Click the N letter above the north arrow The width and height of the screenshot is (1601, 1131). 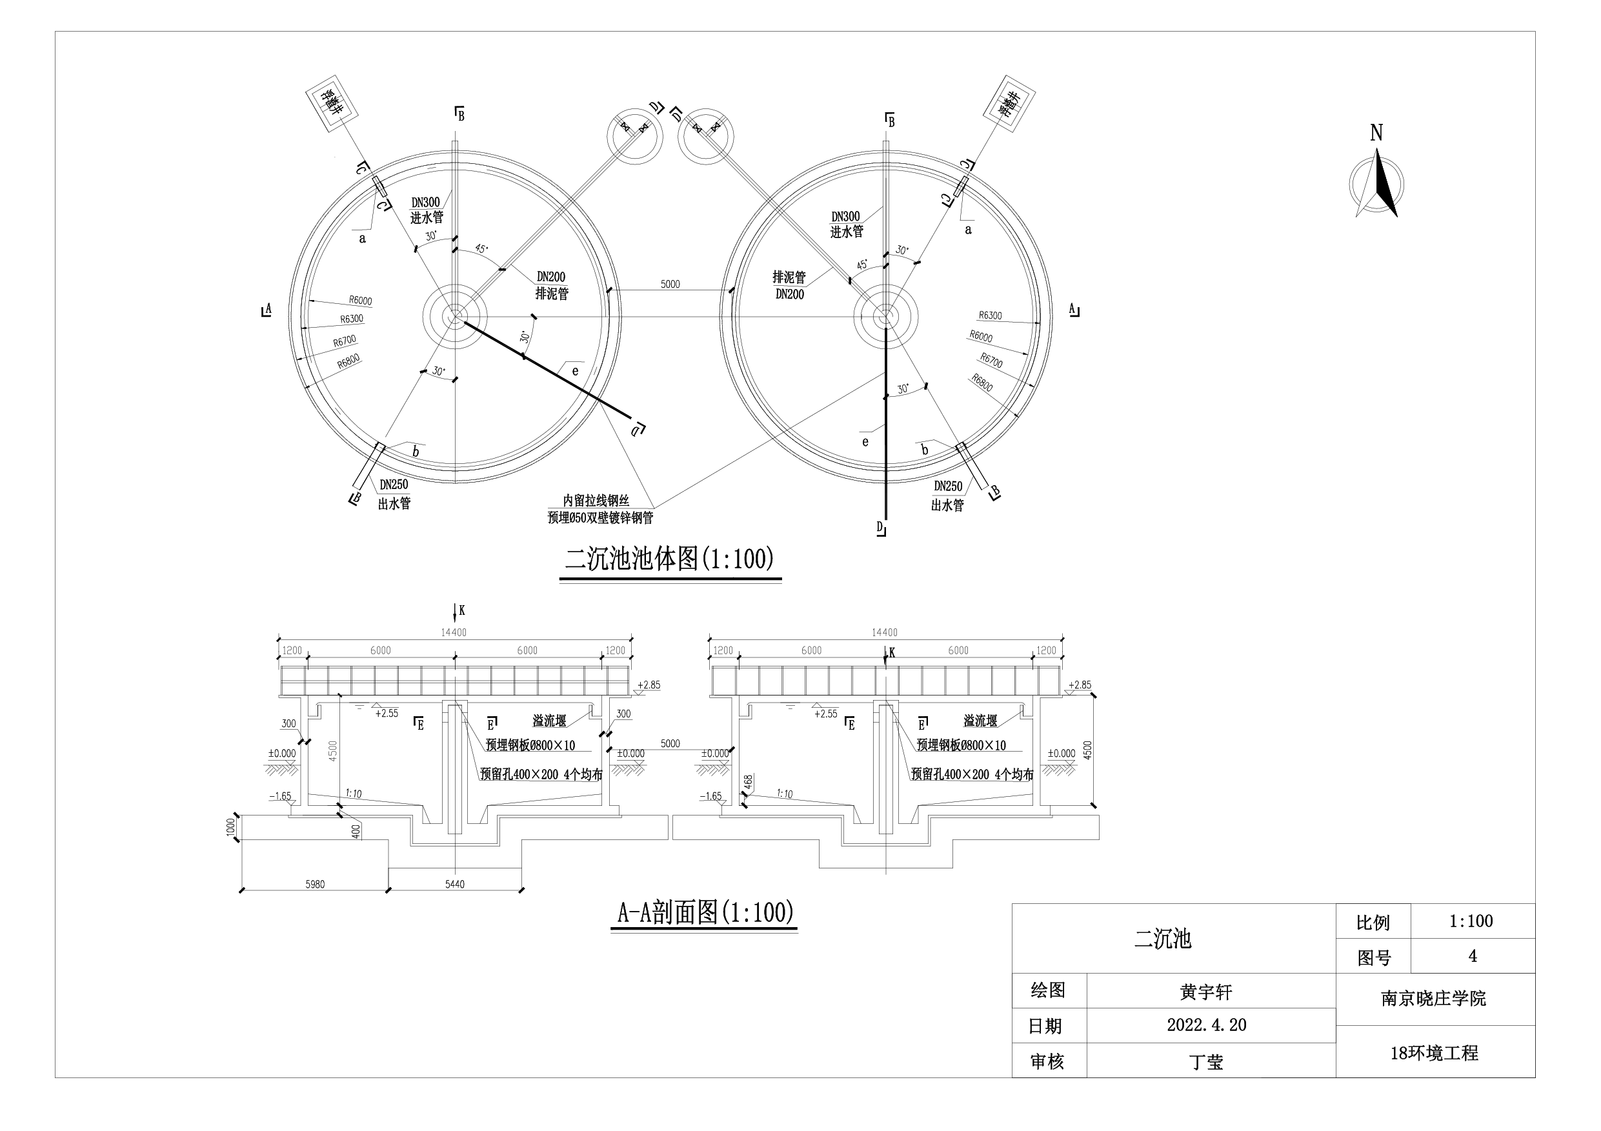(x=1376, y=132)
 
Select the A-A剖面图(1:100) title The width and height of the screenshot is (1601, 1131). (x=705, y=912)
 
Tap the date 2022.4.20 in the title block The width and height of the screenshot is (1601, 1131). (x=1206, y=1025)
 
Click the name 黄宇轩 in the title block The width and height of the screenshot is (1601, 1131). (x=1205, y=992)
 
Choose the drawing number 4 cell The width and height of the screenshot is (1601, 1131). (x=1472, y=956)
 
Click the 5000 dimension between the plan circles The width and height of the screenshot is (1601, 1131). (x=669, y=284)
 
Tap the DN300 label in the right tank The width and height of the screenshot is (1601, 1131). (x=845, y=217)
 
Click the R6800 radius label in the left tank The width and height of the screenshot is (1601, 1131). (x=348, y=361)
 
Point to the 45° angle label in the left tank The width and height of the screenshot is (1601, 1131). (x=481, y=249)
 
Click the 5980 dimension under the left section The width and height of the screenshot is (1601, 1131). (x=314, y=884)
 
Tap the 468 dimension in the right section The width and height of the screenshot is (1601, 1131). (x=748, y=782)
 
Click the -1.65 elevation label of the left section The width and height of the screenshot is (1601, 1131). (x=279, y=796)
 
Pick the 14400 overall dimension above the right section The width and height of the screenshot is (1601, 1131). (x=884, y=632)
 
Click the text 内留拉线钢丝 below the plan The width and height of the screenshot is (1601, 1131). (x=596, y=501)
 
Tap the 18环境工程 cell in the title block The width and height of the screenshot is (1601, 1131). (x=1434, y=1053)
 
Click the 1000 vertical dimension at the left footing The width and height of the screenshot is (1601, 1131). (x=231, y=828)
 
